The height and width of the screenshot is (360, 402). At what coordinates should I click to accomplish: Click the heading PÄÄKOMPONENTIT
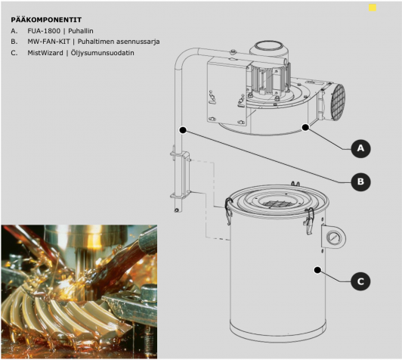tap(46, 20)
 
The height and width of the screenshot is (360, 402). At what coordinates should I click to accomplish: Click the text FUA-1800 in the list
tap(44, 31)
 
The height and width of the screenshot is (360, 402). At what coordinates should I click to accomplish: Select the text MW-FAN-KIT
tap(48, 42)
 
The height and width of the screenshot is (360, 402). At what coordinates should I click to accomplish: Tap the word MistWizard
tap(45, 53)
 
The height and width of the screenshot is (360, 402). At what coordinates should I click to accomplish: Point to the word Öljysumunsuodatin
tap(103, 53)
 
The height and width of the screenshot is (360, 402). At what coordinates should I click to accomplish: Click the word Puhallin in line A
tap(81, 31)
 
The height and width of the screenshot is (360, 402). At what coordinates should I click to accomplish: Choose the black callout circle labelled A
tap(360, 148)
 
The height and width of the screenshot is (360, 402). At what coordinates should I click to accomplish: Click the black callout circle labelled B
tap(360, 182)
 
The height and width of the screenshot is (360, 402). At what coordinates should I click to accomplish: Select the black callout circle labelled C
tap(360, 281)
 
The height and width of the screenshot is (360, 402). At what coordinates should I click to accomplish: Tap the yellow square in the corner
tap(373, 8)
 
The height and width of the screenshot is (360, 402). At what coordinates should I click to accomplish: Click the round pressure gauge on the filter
tap(333, 238)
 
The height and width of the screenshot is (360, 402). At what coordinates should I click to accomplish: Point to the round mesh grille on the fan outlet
tap(337, 101)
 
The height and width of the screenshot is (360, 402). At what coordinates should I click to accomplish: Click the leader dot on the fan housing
tap(305, 127)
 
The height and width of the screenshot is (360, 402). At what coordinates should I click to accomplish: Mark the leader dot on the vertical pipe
tap(183, 130)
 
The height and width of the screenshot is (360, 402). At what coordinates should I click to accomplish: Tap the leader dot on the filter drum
tap(317, 270)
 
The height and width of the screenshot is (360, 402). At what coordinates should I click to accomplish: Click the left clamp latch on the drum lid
tap(228, 210)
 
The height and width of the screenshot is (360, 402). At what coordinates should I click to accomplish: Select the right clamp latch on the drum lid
tap(309, 220)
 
